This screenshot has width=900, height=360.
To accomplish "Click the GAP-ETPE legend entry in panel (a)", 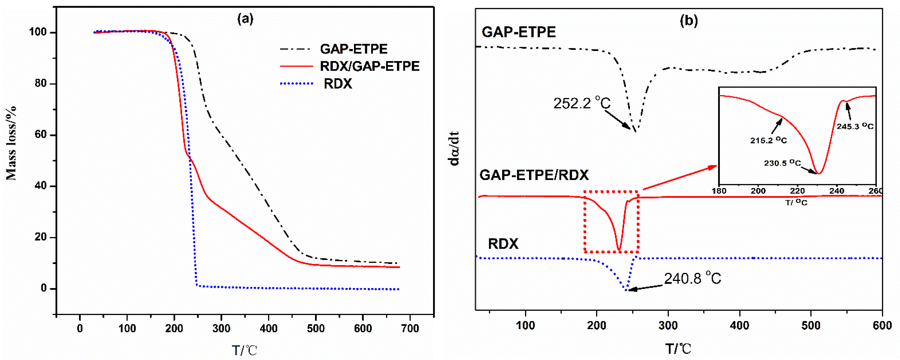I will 353,49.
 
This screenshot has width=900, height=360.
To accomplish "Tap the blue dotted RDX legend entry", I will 338,84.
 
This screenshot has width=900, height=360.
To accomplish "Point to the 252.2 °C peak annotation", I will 582,103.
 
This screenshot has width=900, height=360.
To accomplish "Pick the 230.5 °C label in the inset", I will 782,163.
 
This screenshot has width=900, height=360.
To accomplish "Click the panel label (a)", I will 245,19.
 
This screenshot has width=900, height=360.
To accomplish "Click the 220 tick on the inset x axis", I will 797,191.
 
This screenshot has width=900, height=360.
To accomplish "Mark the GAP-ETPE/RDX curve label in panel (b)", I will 534,175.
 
